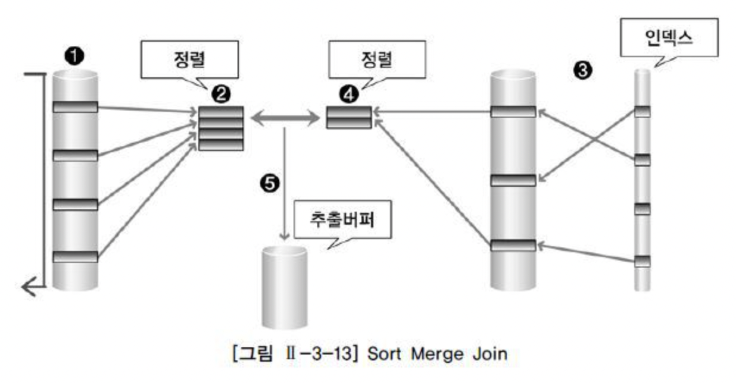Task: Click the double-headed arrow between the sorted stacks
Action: point(285,119)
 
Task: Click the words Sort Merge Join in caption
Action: point(437,354)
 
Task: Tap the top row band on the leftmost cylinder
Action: point(75,107)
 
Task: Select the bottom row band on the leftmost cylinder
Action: point(75,257)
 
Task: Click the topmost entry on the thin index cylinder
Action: point(641,111)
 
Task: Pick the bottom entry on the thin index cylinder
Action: point(641,261)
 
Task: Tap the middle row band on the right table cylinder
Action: point(513,181)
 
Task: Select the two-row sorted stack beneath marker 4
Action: point(349,118)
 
